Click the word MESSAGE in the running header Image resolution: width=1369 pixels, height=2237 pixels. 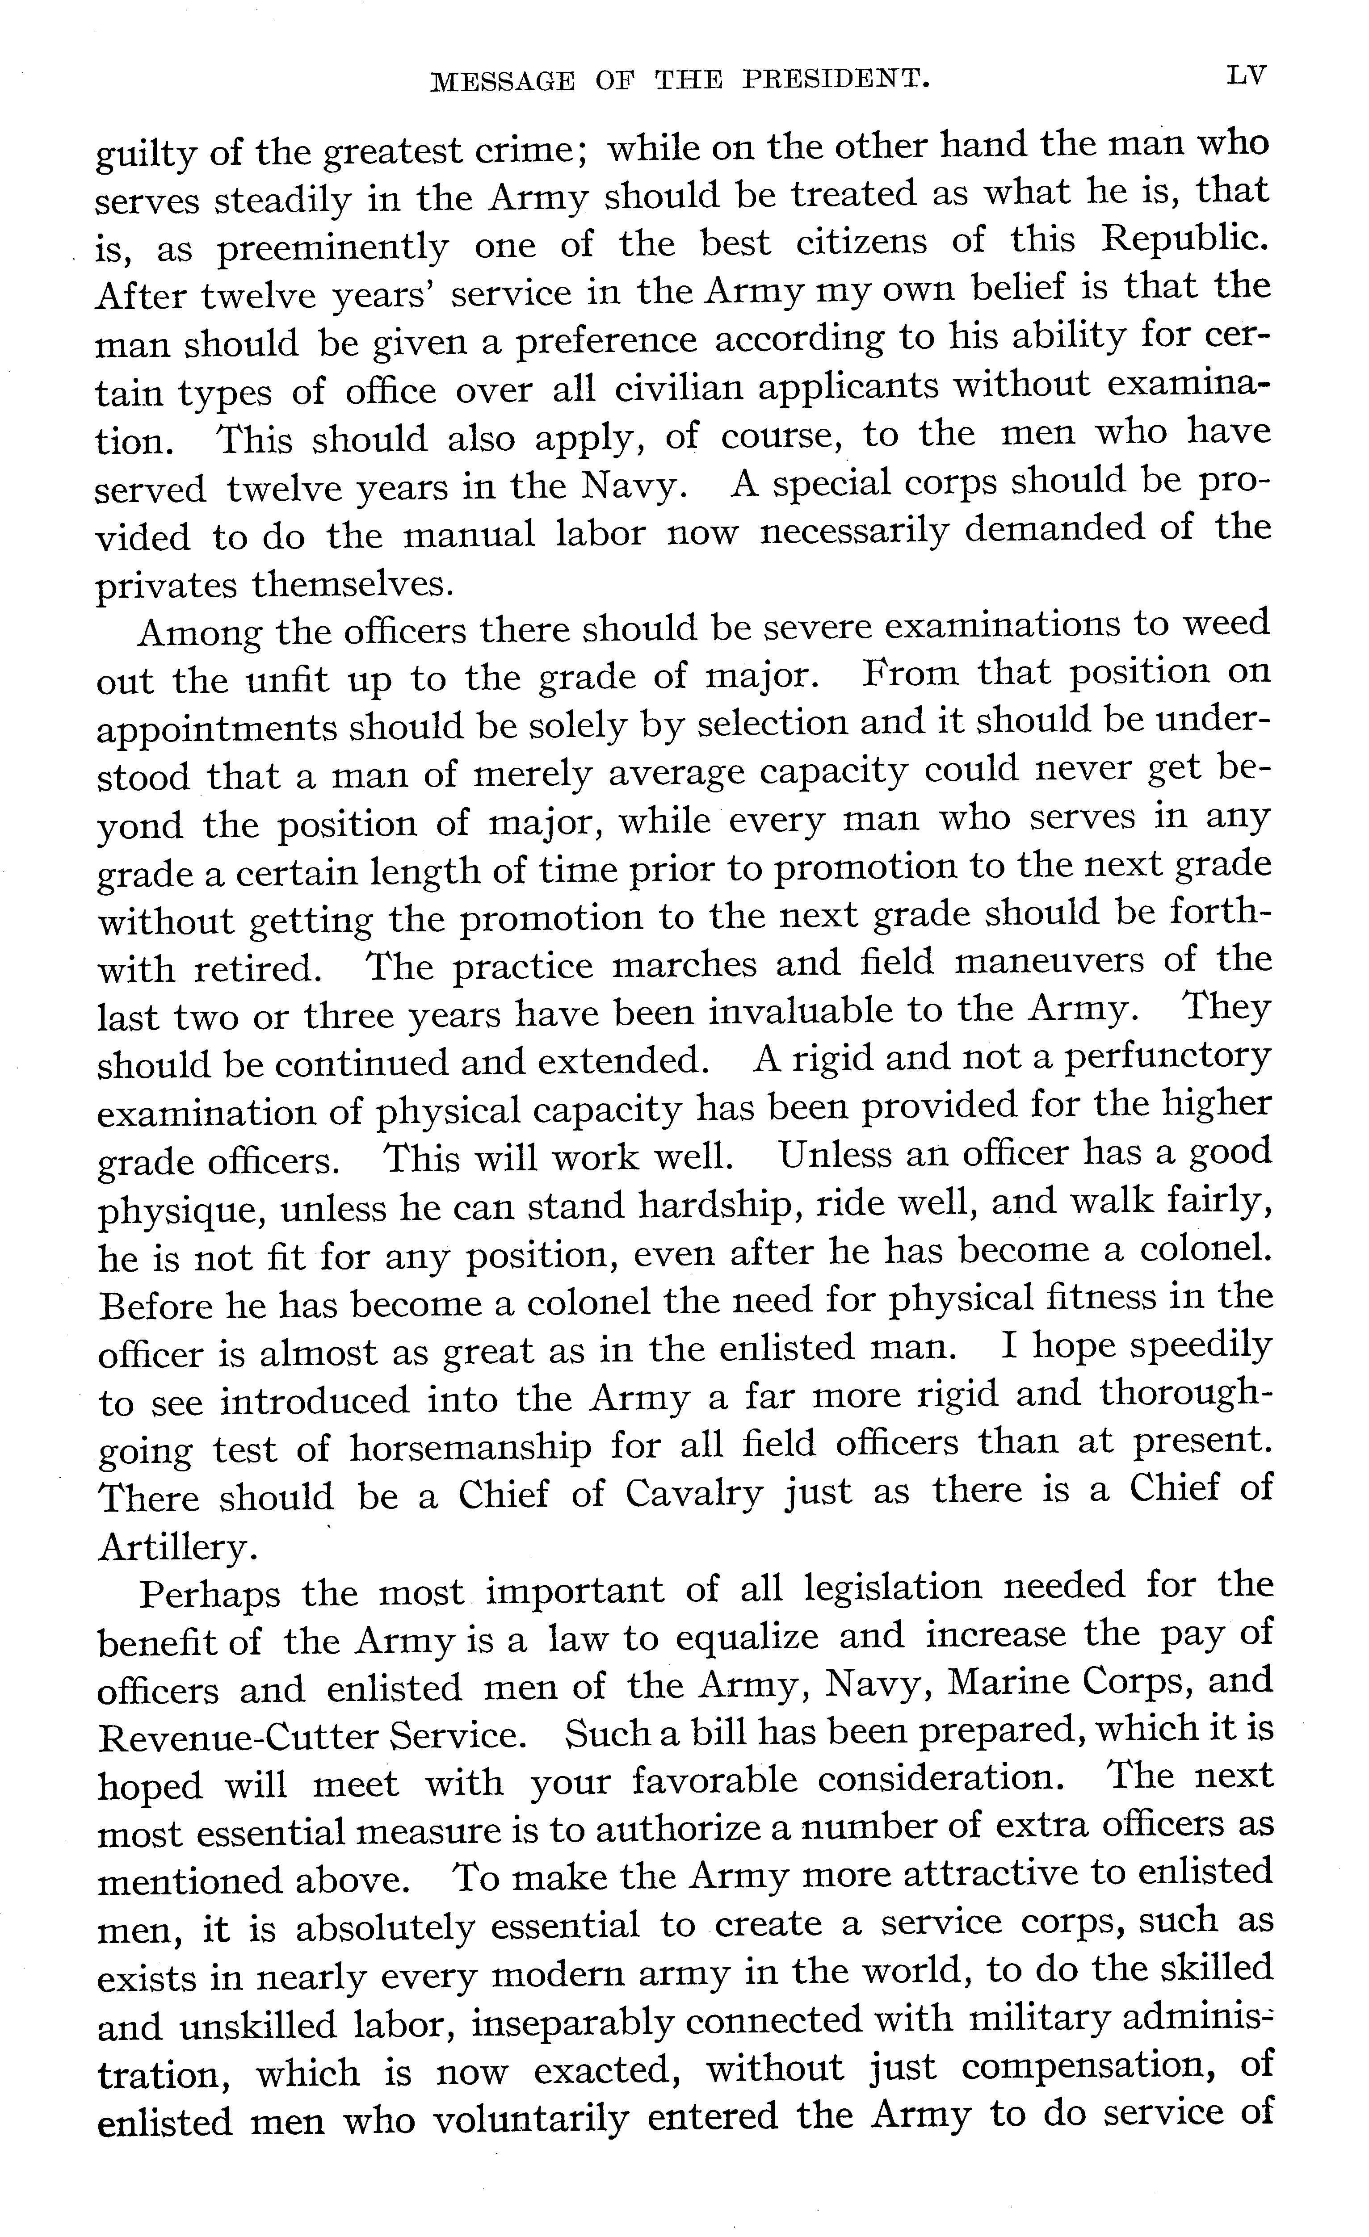tap(502, 82)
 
